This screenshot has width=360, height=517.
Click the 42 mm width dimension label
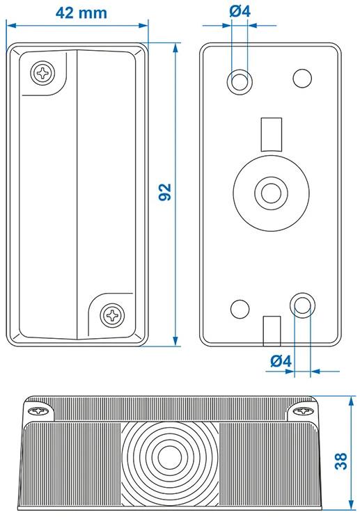click(x=81, y=13)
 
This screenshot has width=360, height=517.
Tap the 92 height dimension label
click(x=165, y=191)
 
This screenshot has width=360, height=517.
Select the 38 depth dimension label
click(x=341, y=461)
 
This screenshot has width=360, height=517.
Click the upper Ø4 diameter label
click(x=240, y=12)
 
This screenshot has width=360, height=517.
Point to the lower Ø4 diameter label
click(x=281, y=361)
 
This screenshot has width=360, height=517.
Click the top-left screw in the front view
click(x=43, y=73)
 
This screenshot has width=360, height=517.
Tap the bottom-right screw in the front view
click(x=113, y=315)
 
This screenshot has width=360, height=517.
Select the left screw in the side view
click(x=38, y=411)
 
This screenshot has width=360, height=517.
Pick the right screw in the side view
click(x=303, y=411)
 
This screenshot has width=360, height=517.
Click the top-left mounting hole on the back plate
click(x=240, y=81)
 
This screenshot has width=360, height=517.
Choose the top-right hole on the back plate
click(x=302, y=78)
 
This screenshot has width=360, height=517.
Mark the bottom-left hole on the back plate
click(x=240, y=309)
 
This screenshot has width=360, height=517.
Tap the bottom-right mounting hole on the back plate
click(x=302, y=305)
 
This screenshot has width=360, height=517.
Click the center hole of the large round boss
click(x=272, y=193)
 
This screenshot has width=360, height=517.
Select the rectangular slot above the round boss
click(x=272, y=134)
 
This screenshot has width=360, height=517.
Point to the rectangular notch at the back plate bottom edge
click(x=272, y=331)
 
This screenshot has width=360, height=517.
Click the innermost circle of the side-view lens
click(x=170, y=457)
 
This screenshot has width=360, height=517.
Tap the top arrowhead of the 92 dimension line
click(x=175, y=48)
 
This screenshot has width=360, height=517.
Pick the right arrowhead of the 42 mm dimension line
click(x=143, y=25)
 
